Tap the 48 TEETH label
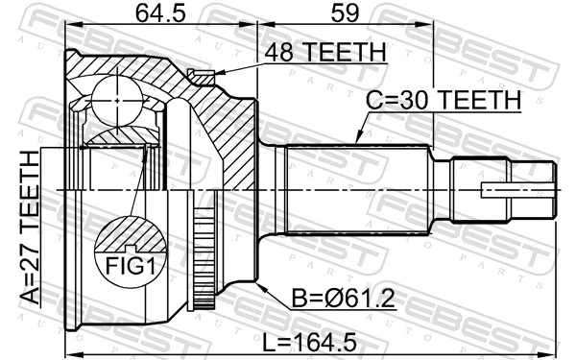(x=325, y=52)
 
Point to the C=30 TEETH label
(x=443, y=99)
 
